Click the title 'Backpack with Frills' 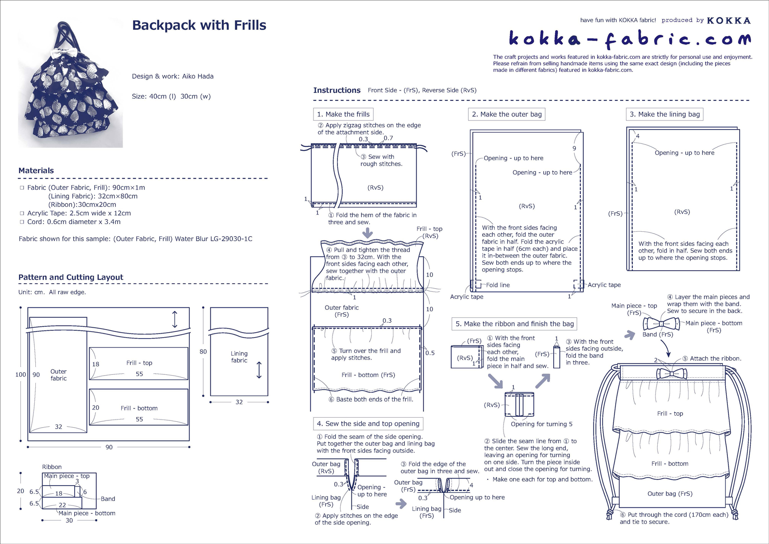point(199,25)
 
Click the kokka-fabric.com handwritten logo point(629,39)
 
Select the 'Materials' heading point(36,171)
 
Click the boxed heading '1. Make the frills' point(343,114)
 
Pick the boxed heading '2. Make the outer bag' point(507,114)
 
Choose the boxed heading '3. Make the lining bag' point(665,114)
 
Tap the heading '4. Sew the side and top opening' point(368,424)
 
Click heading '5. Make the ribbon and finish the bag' point(514,324)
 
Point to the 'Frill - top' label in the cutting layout point(139,363)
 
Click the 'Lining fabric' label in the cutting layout point(239,357)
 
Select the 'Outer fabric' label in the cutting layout point(58,375)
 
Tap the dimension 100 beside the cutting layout point(20,374)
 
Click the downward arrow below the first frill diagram point(368,233)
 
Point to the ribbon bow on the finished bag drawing point(671,373)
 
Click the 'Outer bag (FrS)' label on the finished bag point(669,493)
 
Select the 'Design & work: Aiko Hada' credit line point(172,76)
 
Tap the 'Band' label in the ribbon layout point(108,499)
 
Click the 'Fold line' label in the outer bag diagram point(498,285)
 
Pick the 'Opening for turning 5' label point(541,424)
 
